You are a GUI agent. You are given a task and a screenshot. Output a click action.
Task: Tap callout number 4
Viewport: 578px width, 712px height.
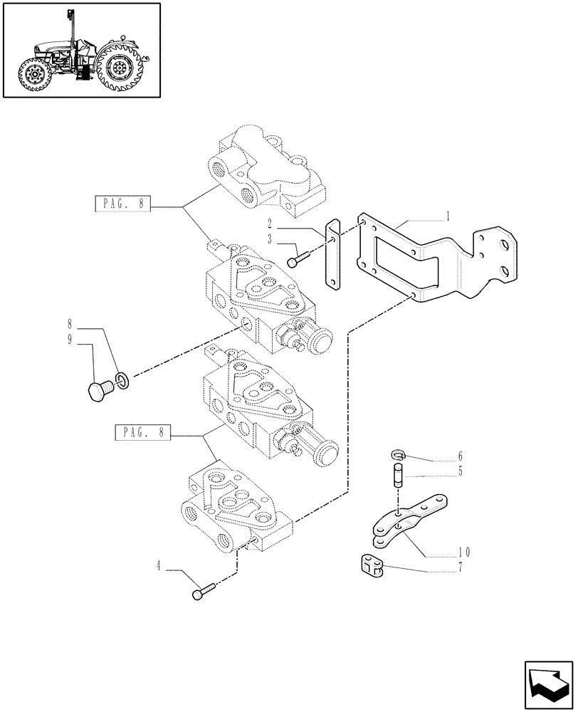point(158,567)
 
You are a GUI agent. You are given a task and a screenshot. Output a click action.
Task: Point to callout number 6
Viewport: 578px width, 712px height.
point(461,456)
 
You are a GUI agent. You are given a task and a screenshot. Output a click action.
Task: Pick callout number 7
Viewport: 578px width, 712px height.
point(461,567)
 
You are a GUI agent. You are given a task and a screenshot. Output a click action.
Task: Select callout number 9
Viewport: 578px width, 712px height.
point(69,340)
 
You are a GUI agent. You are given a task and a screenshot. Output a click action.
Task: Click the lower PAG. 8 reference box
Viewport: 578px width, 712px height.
point(141,432)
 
